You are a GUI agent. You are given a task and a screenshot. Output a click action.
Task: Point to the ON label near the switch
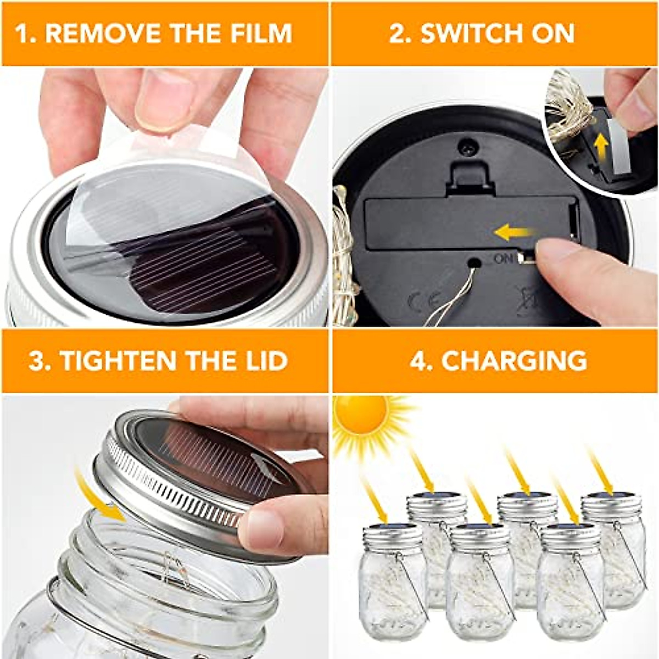pos(504,259)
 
